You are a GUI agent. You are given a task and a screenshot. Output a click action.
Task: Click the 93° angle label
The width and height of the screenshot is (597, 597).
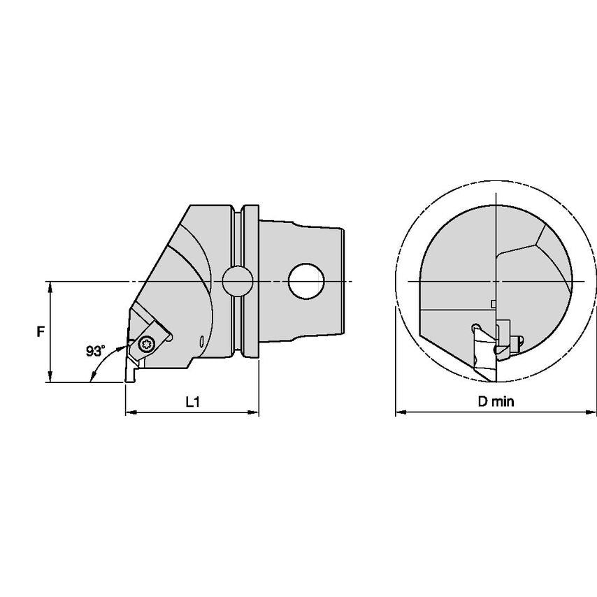pos(95,351)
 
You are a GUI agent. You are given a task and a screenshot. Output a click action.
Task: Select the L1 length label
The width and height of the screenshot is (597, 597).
pos(192,402)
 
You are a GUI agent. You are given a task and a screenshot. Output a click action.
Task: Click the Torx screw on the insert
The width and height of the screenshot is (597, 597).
pos(147,343)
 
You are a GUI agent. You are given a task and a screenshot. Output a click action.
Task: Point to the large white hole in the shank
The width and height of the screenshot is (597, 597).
pos(307,281)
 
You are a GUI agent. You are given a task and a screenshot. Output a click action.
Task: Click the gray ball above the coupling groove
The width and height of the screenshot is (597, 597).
pos(237,281)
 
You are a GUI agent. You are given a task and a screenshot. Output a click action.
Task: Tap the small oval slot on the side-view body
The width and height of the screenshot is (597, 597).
pos(201,342)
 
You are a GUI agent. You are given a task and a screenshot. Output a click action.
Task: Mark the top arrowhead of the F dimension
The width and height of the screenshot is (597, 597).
pos(51,286)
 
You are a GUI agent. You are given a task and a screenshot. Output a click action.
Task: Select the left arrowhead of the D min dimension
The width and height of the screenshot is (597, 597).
pos(400,412)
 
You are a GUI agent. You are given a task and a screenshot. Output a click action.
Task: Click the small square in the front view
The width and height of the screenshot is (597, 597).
pos(494,303)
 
